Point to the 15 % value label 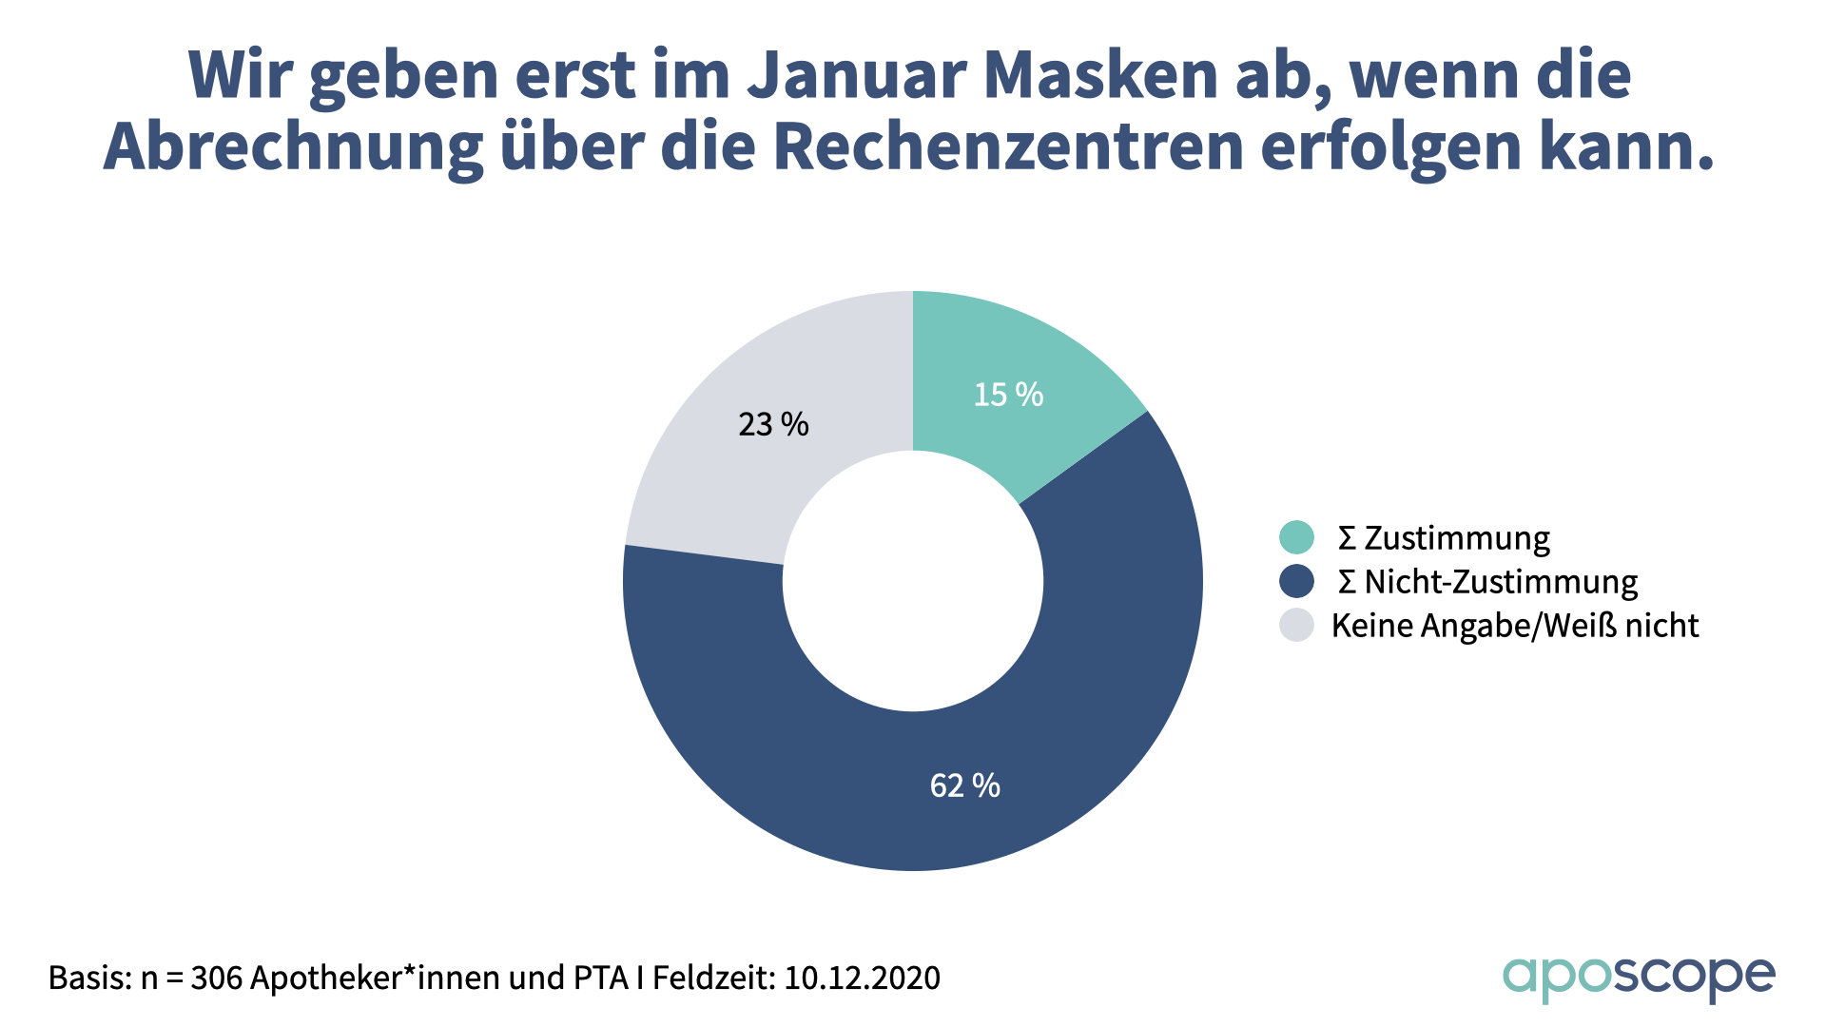tap(1008, 395)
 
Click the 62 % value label tap(964, 785)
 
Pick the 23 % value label tap(773, 424)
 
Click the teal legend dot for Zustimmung tap(1296, 537)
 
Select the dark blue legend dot tap(1296, 581)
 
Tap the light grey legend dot tap(1296, 625)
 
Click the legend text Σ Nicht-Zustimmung tap(1488, 581)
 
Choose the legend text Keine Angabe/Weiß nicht tap(1515, 625)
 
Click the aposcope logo tap(1638, 978)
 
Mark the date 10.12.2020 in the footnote tap(862, 978)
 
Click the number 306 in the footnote tap(216, 978)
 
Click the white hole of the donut tap(913, 581)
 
